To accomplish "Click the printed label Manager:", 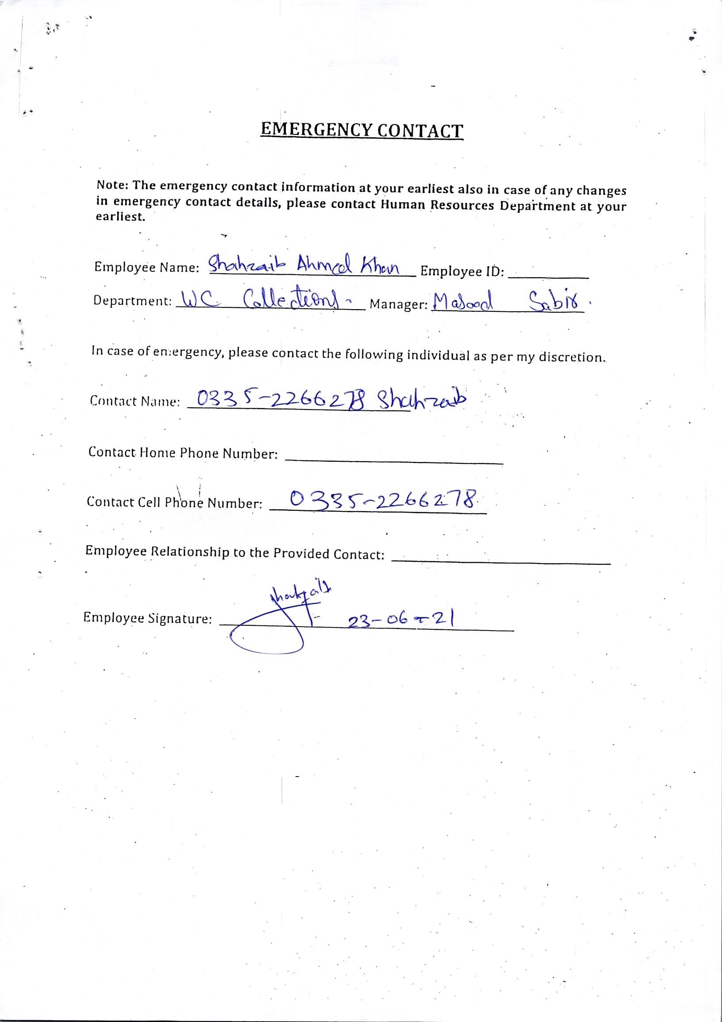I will pyautogui.click(x=399, y=304).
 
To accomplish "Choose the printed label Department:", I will pyautogui.click(x=132, y=301).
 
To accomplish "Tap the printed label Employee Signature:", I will pyautogui.click(x=147, y=618).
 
